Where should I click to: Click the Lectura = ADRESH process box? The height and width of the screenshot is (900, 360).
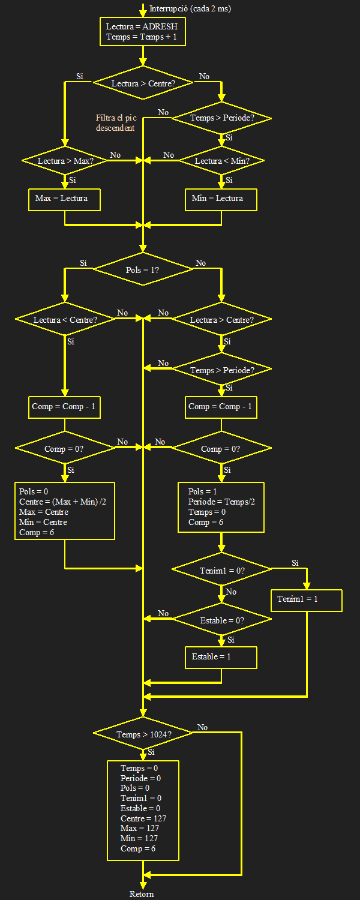(x=143, y=32)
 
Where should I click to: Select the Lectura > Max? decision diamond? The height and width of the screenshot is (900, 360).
(x=64, y=161)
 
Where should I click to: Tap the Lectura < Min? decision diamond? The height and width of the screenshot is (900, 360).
(x=221, y=161)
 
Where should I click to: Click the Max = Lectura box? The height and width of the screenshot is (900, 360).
(x=64, y=199)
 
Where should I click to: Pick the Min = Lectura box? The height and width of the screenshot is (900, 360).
(x=221, y=199)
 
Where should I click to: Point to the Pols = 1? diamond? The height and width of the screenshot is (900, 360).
(x=143, y=270)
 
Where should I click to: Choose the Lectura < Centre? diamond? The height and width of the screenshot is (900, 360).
(x=65, y=320)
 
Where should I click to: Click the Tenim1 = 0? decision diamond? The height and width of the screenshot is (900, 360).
(x=221, y=571)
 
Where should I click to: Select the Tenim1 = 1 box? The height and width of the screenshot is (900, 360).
(x=307, y=600)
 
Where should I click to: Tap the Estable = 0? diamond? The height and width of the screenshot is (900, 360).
(x=221, y=620)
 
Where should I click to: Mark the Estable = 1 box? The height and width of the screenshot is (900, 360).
(x=221, y=657)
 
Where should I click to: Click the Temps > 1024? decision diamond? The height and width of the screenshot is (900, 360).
(x=143, y=734)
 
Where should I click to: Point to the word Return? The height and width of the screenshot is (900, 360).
(x=142, y=894)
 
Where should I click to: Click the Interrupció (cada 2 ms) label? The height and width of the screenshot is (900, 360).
(x=190, y=8)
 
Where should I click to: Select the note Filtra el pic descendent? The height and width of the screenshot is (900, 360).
(x=115, y=123)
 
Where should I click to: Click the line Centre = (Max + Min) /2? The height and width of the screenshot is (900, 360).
(x=62, y=502)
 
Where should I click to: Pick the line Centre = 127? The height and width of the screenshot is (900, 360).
(x=143, y=818)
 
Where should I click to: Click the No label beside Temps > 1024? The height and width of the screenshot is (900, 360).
(x=203, y=727)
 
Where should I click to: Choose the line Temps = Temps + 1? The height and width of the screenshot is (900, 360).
(x=142, y=37)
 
